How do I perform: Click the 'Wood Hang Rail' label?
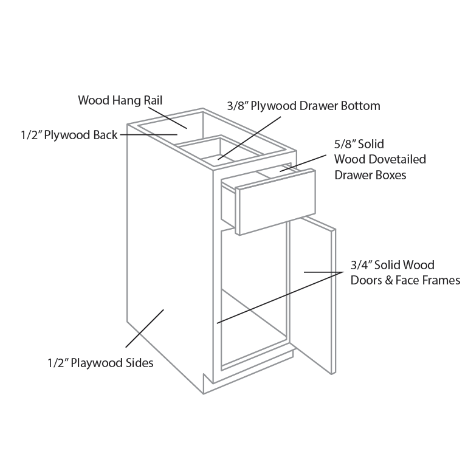(120, 100)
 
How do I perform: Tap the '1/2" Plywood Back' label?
(69, 135)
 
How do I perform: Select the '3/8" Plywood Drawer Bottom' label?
(303, 106)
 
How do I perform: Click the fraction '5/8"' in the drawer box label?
(345, 144)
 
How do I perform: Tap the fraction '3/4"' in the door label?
(361, 265)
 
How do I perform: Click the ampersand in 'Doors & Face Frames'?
(388, 281)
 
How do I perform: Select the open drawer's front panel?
(275, 202)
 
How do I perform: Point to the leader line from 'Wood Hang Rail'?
(168, 118)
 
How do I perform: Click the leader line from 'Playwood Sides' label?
(145, 328)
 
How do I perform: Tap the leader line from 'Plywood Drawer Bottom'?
(249, 138)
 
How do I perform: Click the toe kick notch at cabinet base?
(208, 384)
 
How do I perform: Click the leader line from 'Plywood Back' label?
(149, 135)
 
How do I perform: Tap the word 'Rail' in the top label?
(153, 100)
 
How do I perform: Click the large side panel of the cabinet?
(170, 253)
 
